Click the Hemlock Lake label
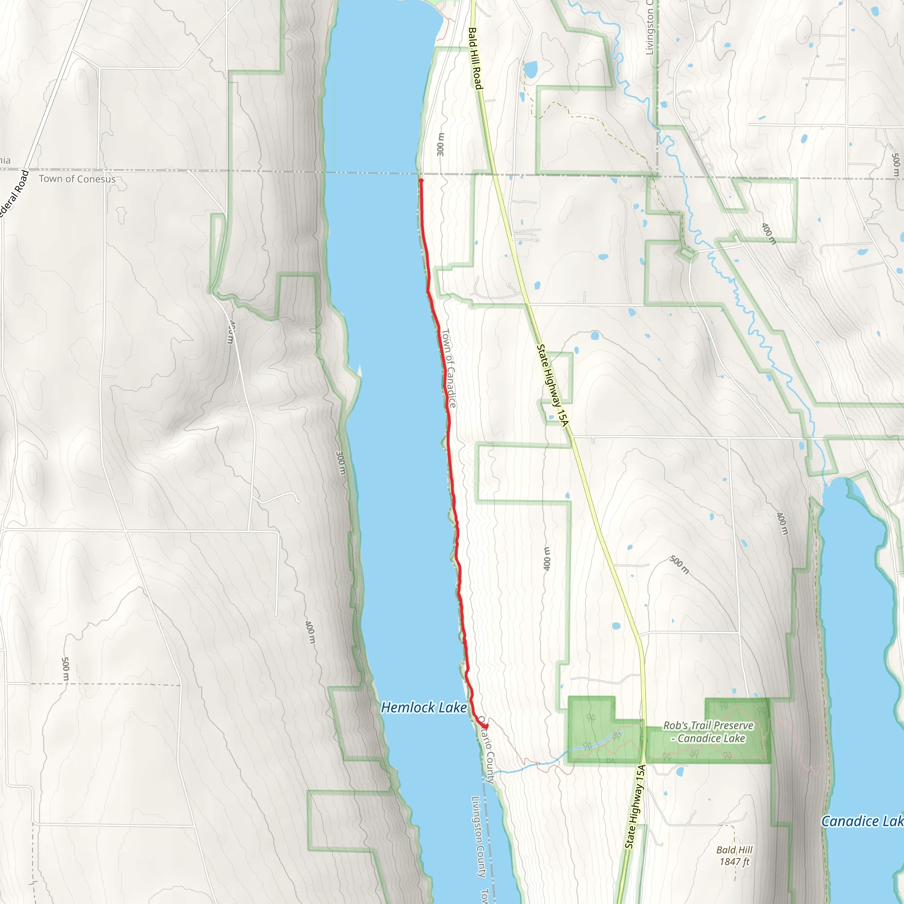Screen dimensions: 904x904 (423, 708)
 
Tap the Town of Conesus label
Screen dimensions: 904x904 (77, 179)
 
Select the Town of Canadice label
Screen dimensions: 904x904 (448, 368)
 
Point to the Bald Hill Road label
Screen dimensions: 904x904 (475, 59)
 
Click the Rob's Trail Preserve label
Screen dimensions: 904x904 (708, 732)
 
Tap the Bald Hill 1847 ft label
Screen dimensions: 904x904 (734, 855)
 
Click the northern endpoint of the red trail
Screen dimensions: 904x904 (421, 180)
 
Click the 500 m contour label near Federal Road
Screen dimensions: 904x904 (65, 670)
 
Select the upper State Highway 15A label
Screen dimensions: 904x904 (552, 385)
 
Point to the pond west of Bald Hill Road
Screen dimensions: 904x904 (531, 70)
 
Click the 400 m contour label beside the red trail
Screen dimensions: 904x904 (547, 558)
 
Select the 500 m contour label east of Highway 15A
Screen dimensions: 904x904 (679, 564)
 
